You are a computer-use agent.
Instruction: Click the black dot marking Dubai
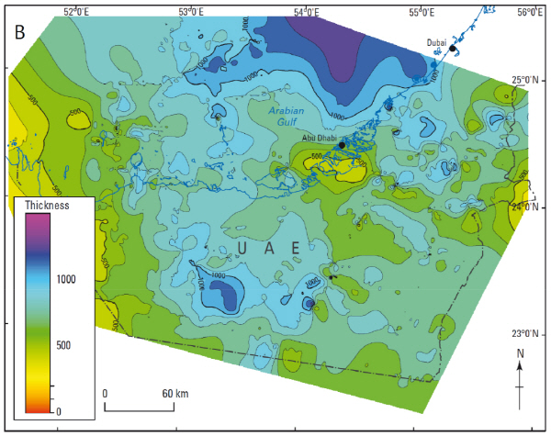[x=453, y=49]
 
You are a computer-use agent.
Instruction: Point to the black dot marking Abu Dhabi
[x=342, y=145]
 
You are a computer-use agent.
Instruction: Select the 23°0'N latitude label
[x=529, y=333]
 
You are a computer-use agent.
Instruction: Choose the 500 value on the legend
[x=64, y=346]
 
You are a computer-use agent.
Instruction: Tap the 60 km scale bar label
[x=175, y=393]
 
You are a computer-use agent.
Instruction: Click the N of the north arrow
[x=521, y=353]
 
